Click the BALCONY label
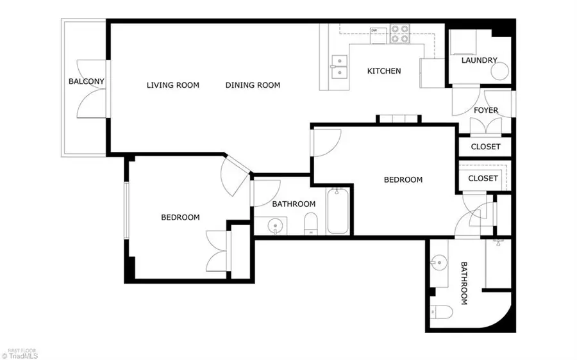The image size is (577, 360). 87,81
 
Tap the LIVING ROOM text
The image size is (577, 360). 172,85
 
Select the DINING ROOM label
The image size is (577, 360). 253,85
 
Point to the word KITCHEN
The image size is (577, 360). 383,71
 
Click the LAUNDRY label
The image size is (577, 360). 480,60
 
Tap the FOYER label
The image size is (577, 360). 485,110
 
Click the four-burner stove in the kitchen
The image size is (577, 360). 399,34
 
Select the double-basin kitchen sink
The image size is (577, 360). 339,66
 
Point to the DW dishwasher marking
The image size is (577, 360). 373,29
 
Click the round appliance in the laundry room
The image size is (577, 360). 501,70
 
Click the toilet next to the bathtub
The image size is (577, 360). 310,223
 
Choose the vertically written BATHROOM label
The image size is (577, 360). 464,283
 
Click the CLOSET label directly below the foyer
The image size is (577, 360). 485,147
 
